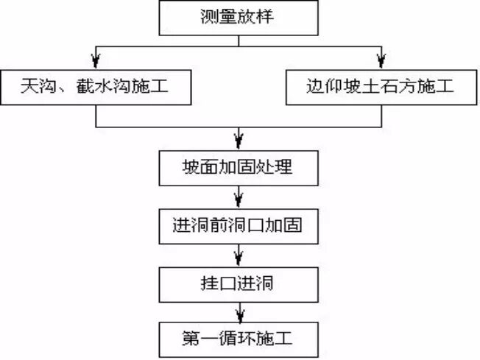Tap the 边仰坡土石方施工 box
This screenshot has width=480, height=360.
click(381, 88)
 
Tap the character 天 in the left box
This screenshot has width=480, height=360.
click(29, 88)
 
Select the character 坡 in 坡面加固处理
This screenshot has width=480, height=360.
click(190, 167)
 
